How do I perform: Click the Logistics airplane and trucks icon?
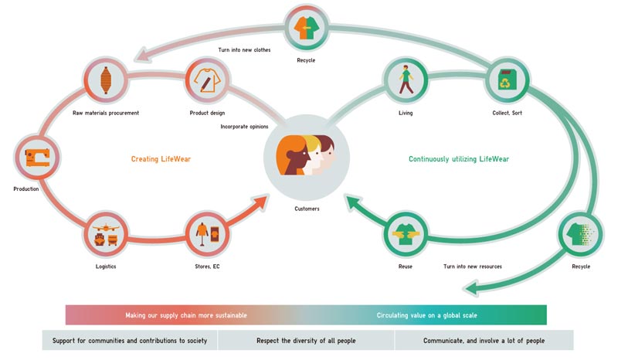click(106, 235)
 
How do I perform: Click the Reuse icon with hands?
click(406, 235)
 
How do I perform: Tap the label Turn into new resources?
click(473, 267)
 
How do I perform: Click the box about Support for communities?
click(130, 340)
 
